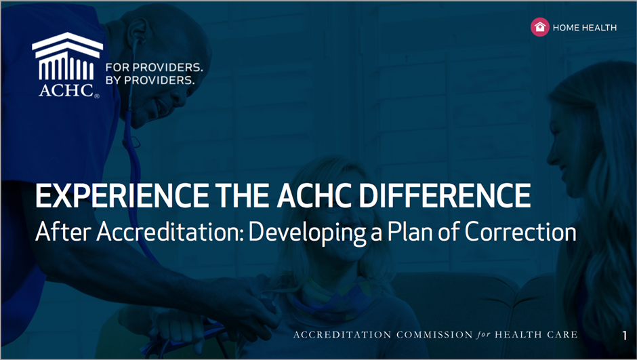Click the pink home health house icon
click(539, 27)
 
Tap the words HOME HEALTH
click(585, 28)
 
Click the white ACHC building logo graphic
click(68, 56)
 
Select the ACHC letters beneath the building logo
click(67, 90)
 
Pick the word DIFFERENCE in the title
click(445, 196)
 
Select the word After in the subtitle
click(64, 232)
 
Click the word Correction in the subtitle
click(520, 232)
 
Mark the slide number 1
click(624, 335)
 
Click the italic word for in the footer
click(483, 335)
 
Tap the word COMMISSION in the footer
click(434, 335)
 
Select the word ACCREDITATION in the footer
click(342, 335)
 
